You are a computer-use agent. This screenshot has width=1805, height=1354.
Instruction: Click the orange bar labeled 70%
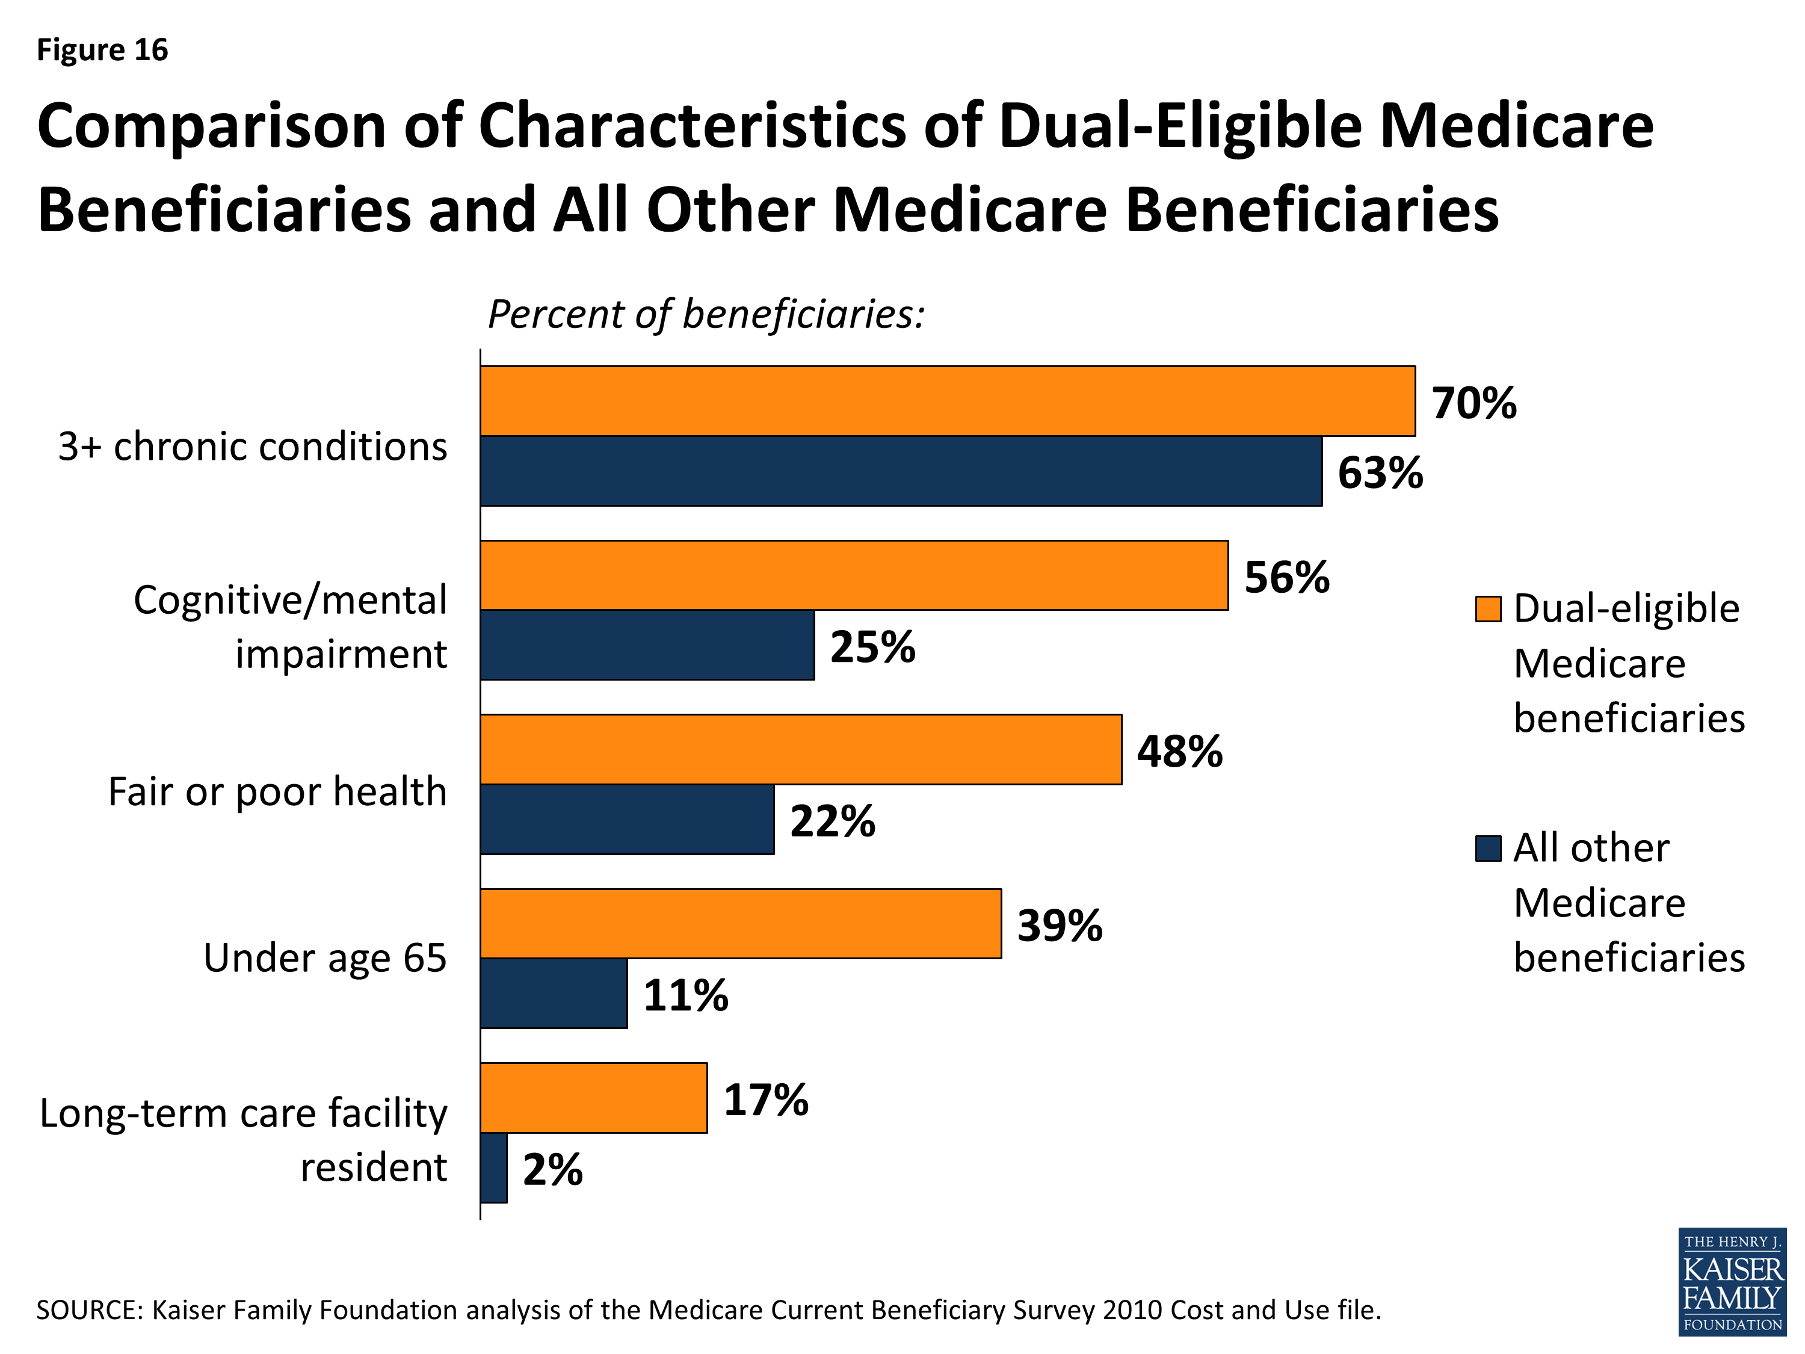pos(946,401)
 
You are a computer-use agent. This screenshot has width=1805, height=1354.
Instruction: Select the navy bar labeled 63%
pos(901,471)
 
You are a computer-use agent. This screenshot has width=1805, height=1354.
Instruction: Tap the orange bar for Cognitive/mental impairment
pos(854,575)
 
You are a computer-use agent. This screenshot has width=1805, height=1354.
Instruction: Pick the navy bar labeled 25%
pos(647,645)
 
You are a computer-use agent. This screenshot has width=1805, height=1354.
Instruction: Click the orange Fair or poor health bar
pos(800,749)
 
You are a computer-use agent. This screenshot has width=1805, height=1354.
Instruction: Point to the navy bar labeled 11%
pos(554,994)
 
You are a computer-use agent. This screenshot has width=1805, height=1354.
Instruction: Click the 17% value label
pos(765,1099)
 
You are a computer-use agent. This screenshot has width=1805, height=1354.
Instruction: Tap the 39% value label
pos(1059,926)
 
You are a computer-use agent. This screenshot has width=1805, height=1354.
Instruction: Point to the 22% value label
pos(832,820)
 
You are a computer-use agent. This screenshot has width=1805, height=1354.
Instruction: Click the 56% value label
pos(1287,577)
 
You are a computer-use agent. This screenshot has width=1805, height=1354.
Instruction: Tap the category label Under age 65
pos(325,957)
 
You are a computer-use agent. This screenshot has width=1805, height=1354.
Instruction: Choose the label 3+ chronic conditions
pos(252,447)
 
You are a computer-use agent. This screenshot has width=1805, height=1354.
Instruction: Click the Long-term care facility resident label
pos(243,1139)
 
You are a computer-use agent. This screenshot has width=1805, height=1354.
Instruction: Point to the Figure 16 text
pos(102,50)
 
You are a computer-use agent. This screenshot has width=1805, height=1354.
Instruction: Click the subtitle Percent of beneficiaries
pos(706,314)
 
